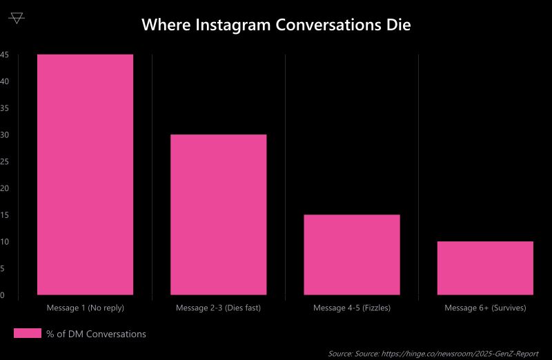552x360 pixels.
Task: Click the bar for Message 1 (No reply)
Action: [x=85, y=174]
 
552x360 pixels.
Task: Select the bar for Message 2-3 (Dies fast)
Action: [x=218, y=214]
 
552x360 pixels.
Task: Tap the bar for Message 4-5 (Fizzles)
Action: [x=352, y=254]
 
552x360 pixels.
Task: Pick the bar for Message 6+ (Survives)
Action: [x=485, y=268]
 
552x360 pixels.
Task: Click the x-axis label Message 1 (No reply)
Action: [x=85, y=308]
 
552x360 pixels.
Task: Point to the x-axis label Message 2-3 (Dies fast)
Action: [x=218, y=308]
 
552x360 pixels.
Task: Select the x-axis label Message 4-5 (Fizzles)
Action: [x=352, y=308]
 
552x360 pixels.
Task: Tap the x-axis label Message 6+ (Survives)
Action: [x=485, y=308]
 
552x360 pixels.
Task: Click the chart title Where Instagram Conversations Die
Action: [x=276, y=26]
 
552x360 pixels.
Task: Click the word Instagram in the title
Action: [x=233, y=26]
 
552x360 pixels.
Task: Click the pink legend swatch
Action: [x=28, y=334]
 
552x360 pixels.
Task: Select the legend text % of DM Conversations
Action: [x=96, y=334]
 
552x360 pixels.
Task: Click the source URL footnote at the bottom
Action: [x=433, y=353]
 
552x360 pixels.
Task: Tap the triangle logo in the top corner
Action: [x=17, y=18]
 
